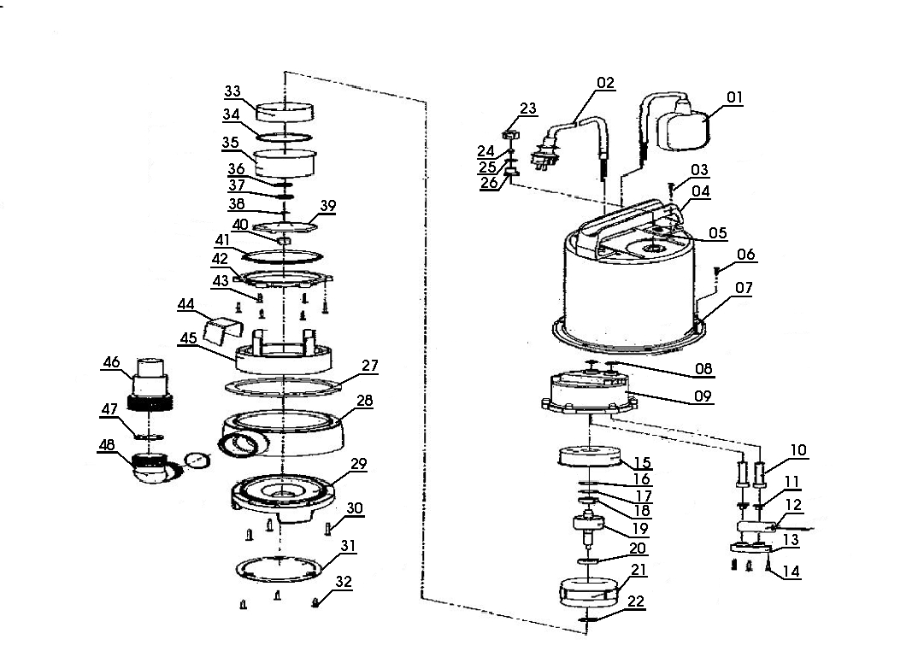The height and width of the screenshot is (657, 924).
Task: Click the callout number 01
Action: tap(734, 97)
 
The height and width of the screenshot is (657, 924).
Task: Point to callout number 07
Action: tap(744, 288)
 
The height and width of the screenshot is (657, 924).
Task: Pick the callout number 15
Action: tap(641, 463)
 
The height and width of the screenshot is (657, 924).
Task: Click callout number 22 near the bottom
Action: tap(635, 601)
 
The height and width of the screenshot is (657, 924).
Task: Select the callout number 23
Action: tap(528, 109)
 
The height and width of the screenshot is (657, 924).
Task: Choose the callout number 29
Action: tap(358, 464)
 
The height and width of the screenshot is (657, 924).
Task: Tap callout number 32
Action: tap(343, 582)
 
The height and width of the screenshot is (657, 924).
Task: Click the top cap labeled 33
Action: tap(282, 111)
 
